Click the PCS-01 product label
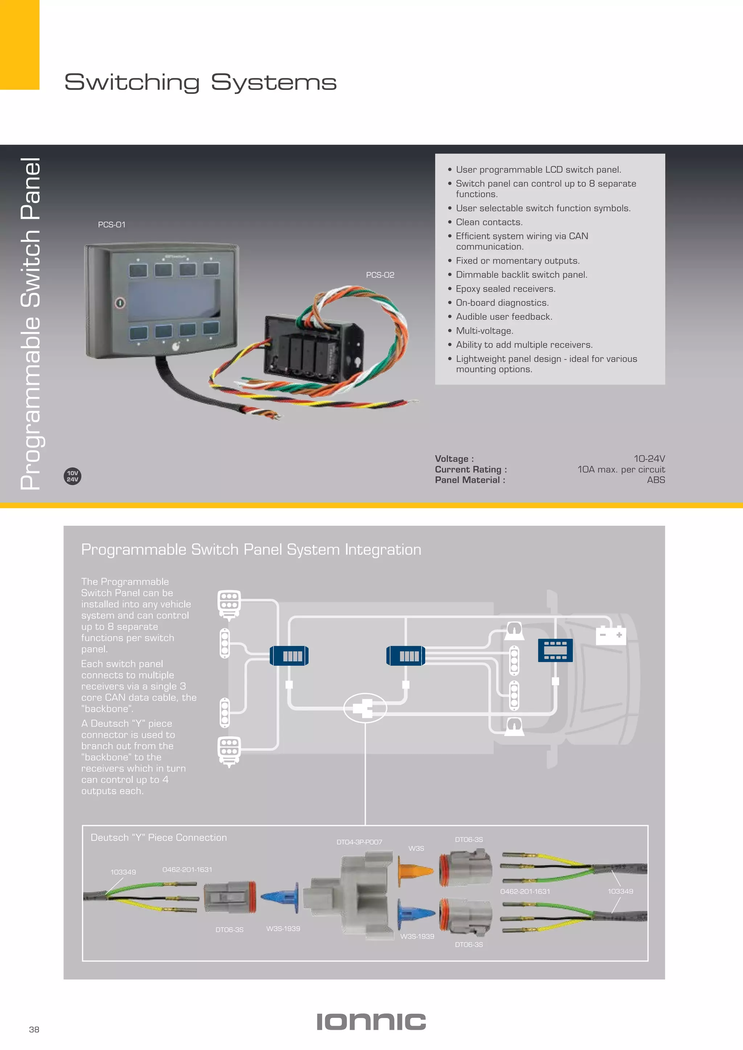[x=112, y=224]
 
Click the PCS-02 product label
[x=380, y=275]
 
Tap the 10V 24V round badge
[x=72, y=476]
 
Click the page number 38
[x=34, y=1029]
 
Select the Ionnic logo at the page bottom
[x=371, y=1022]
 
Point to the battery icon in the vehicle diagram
[x=611, y=635]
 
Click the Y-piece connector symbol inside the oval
[x=365, y=708]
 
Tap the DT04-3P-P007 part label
[x=359, y=842]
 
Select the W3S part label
[x=416, y=848]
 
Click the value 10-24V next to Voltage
[x=649, y=458]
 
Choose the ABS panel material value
[x=656, y=480]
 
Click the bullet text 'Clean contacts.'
[x=489, y=222]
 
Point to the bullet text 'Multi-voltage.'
[x=484, y=331]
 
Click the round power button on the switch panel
[x=120, y=302]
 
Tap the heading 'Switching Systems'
[x=200, y=82]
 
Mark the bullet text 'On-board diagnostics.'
[x=502, y=303]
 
